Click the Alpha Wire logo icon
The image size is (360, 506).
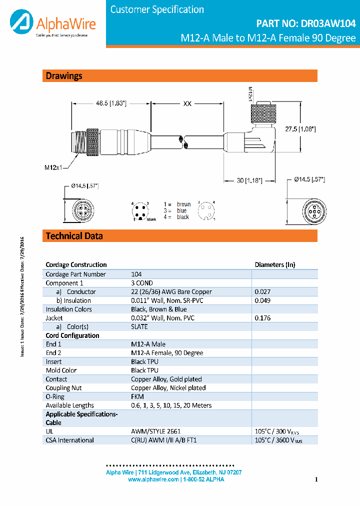(21, 22)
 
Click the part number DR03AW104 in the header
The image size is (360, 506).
(306, 23)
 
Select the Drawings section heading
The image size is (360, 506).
(64, 76)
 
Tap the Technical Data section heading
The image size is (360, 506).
(74, 236)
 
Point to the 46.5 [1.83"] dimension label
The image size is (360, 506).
(111, 103)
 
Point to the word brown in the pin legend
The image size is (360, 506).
(183, 204)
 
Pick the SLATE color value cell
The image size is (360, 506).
(139, 326)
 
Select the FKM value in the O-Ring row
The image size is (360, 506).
(137, 396)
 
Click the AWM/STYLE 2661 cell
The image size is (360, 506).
(155, 431)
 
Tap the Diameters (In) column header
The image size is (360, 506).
(275, 264)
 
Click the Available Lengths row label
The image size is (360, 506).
(69, 405)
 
